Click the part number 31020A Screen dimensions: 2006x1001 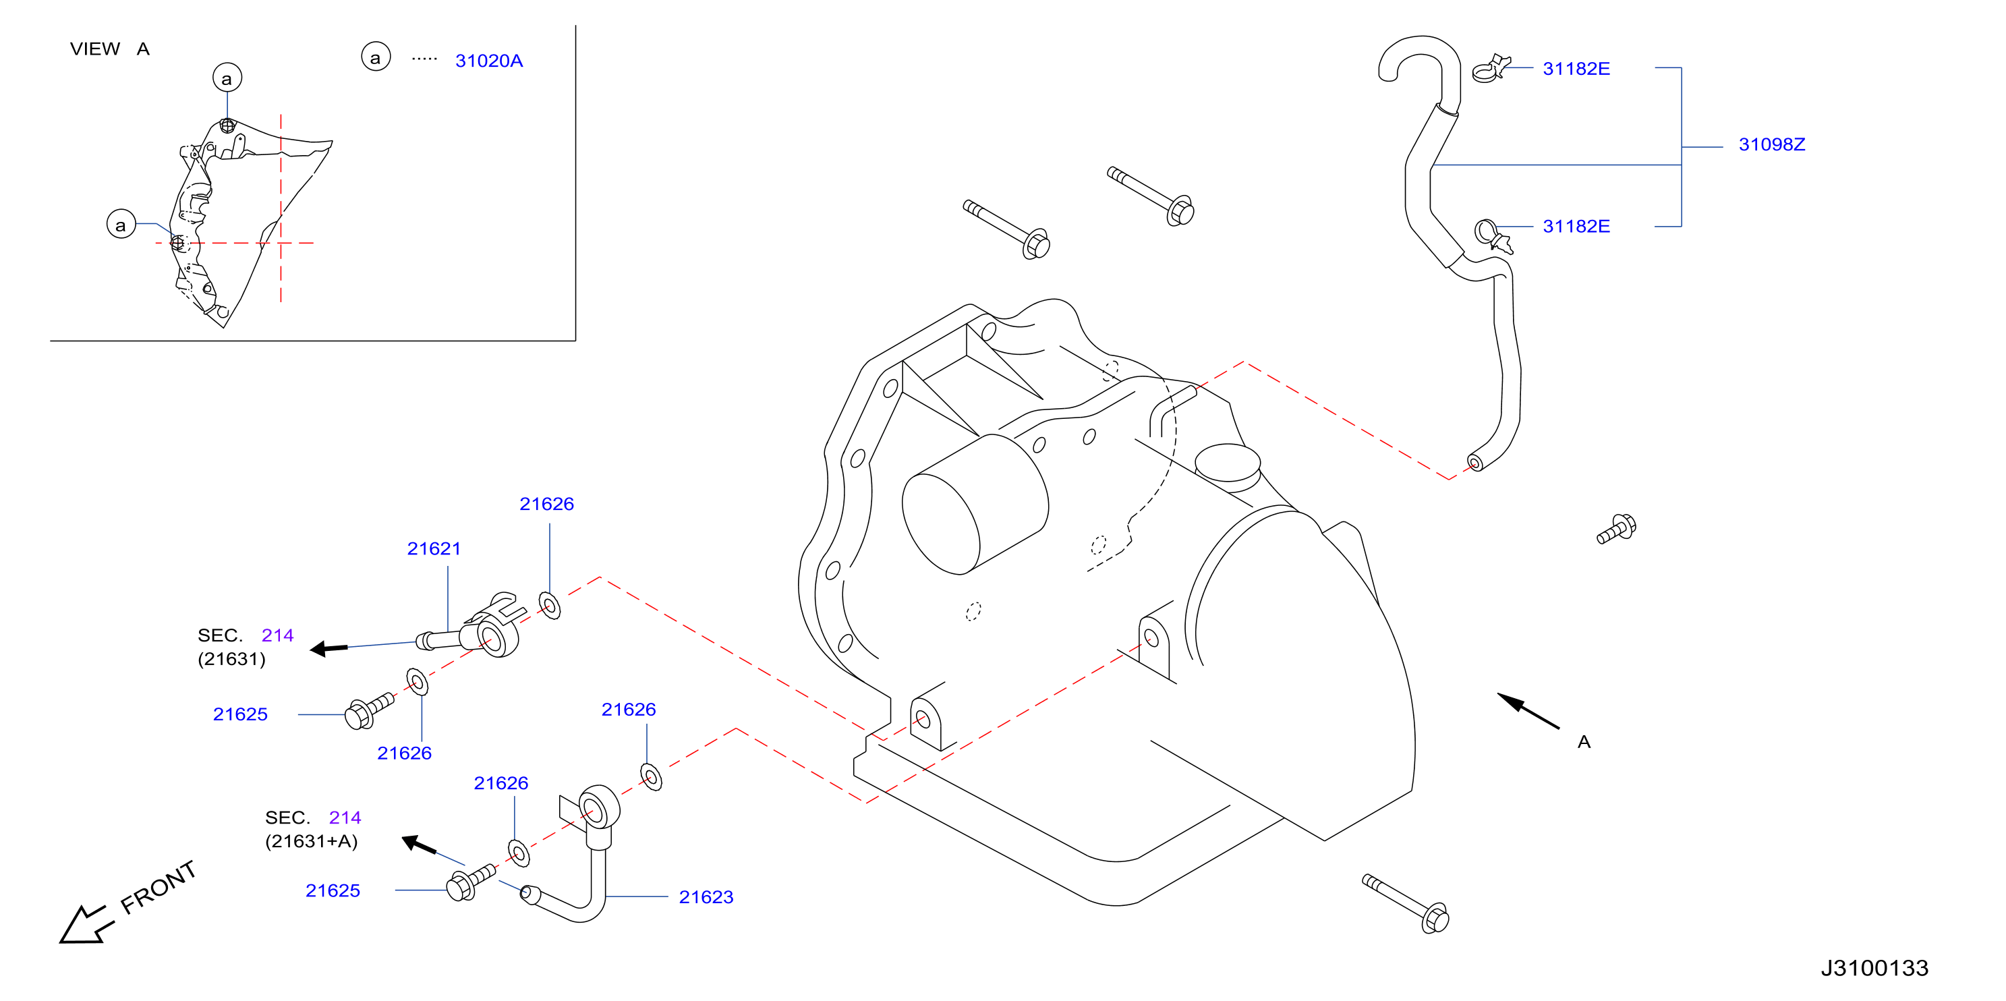pos(488,61)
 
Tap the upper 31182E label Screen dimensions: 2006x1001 pos(1576,69)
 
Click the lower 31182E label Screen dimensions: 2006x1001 pos(1576,226)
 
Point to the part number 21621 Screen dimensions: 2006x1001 pos(434,548)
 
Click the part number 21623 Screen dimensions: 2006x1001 pos(706,896)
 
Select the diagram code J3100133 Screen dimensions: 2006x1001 pos(1874,967)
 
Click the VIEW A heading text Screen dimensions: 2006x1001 pos(110,49)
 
